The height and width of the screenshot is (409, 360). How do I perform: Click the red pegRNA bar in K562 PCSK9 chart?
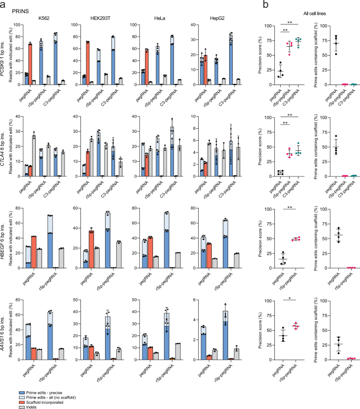(30, 64)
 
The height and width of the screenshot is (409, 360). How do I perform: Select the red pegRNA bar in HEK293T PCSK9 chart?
(87, 62)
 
